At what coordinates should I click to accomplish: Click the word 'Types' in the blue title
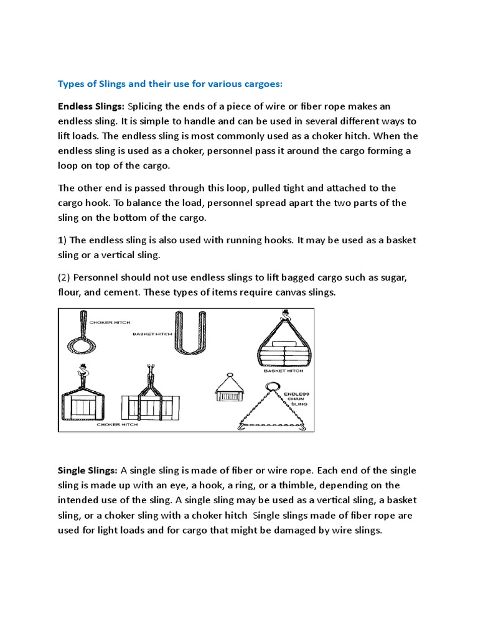click(x=70, y=84)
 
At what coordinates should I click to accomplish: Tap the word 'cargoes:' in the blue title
click(x=264, y=84)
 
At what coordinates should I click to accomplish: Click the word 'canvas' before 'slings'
click(x=289, y=292)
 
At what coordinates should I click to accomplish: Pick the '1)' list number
click(x=62, y=240)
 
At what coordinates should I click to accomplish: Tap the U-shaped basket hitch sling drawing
click(x=189, y=333)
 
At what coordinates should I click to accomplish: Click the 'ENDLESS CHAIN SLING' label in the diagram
click(x=296, y=399)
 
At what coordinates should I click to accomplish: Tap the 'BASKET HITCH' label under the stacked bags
click(x=283, y=371)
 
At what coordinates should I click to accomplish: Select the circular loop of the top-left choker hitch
click(x=82, y=343)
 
